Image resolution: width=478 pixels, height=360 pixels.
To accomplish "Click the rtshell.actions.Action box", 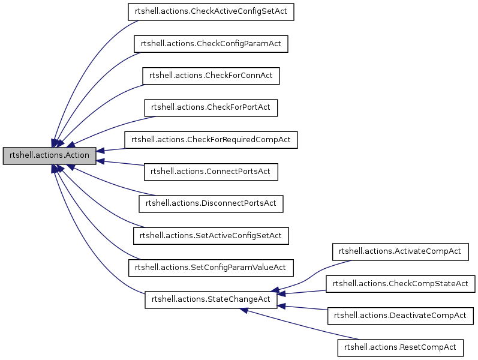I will coord(50,155).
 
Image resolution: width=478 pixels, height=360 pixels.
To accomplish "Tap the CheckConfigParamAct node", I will coord(211,44).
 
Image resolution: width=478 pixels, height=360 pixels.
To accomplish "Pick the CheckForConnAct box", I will coord(211,76).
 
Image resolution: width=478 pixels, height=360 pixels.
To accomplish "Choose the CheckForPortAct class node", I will coord(211,107).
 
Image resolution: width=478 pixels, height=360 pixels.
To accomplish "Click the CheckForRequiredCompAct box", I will coord(211,139).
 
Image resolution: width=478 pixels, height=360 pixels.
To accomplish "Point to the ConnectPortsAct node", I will coord(211,171).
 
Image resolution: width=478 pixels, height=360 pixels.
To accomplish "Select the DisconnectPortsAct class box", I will coord(211,203).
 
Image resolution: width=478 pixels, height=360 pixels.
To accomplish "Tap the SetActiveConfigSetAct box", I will coord(211,235).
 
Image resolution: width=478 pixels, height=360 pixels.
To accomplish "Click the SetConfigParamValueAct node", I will coord(211,266).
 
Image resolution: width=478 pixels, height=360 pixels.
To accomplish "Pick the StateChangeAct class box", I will coord(211,299).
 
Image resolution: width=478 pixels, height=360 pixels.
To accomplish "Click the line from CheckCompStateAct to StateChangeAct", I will coord(303,292).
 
